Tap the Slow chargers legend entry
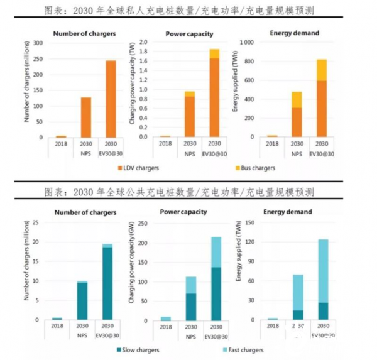[139, 350]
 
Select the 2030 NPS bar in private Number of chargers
[85, 117]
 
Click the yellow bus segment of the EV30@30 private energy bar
[321, 70]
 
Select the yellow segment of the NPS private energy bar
[297, 99]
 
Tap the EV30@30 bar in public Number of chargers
[107, 283]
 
